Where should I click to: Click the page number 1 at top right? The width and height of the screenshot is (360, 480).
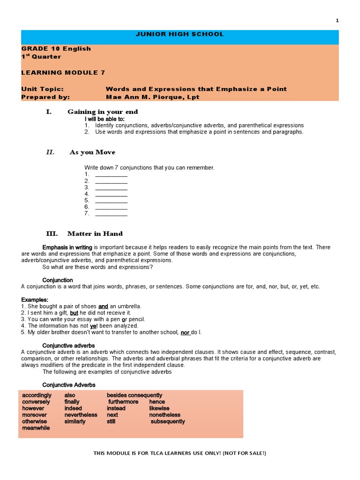coord(337,21)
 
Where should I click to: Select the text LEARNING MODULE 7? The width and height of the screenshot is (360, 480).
coord(63,72)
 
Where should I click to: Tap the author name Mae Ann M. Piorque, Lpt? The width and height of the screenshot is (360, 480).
coord(152,97)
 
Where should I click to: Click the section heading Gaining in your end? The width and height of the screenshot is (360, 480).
coord(103,112)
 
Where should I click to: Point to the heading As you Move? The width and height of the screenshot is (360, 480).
coord(92,152)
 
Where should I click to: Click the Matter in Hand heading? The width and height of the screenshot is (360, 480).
coord(95,233)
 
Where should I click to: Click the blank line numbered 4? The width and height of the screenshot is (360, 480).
coord(111,194)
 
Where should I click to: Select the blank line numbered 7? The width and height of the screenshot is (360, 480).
coord(111,214)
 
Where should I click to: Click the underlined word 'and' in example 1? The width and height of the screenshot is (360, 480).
coord(103,306)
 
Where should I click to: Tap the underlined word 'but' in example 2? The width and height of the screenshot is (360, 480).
coord(74,313)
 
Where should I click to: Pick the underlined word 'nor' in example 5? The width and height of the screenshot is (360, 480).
coord(185,332)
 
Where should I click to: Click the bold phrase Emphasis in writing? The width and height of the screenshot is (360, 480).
coord(67,247)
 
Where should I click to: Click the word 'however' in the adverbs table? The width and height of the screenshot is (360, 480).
coord(33,408)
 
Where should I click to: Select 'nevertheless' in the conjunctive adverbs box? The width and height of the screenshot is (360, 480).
coord(81,415)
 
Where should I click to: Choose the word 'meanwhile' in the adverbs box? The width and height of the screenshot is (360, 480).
coord(36,428)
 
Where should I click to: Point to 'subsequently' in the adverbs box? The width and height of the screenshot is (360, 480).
coord(168,421)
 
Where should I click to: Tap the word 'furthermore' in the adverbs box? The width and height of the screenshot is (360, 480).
coord(123,402)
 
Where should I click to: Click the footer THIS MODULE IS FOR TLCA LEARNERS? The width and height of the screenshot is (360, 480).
coord(180,453)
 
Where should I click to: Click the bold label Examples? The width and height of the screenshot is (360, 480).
coord(35,300)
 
